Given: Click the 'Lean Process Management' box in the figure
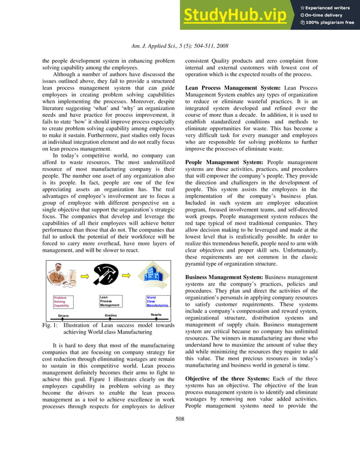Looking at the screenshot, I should coord(111,301).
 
